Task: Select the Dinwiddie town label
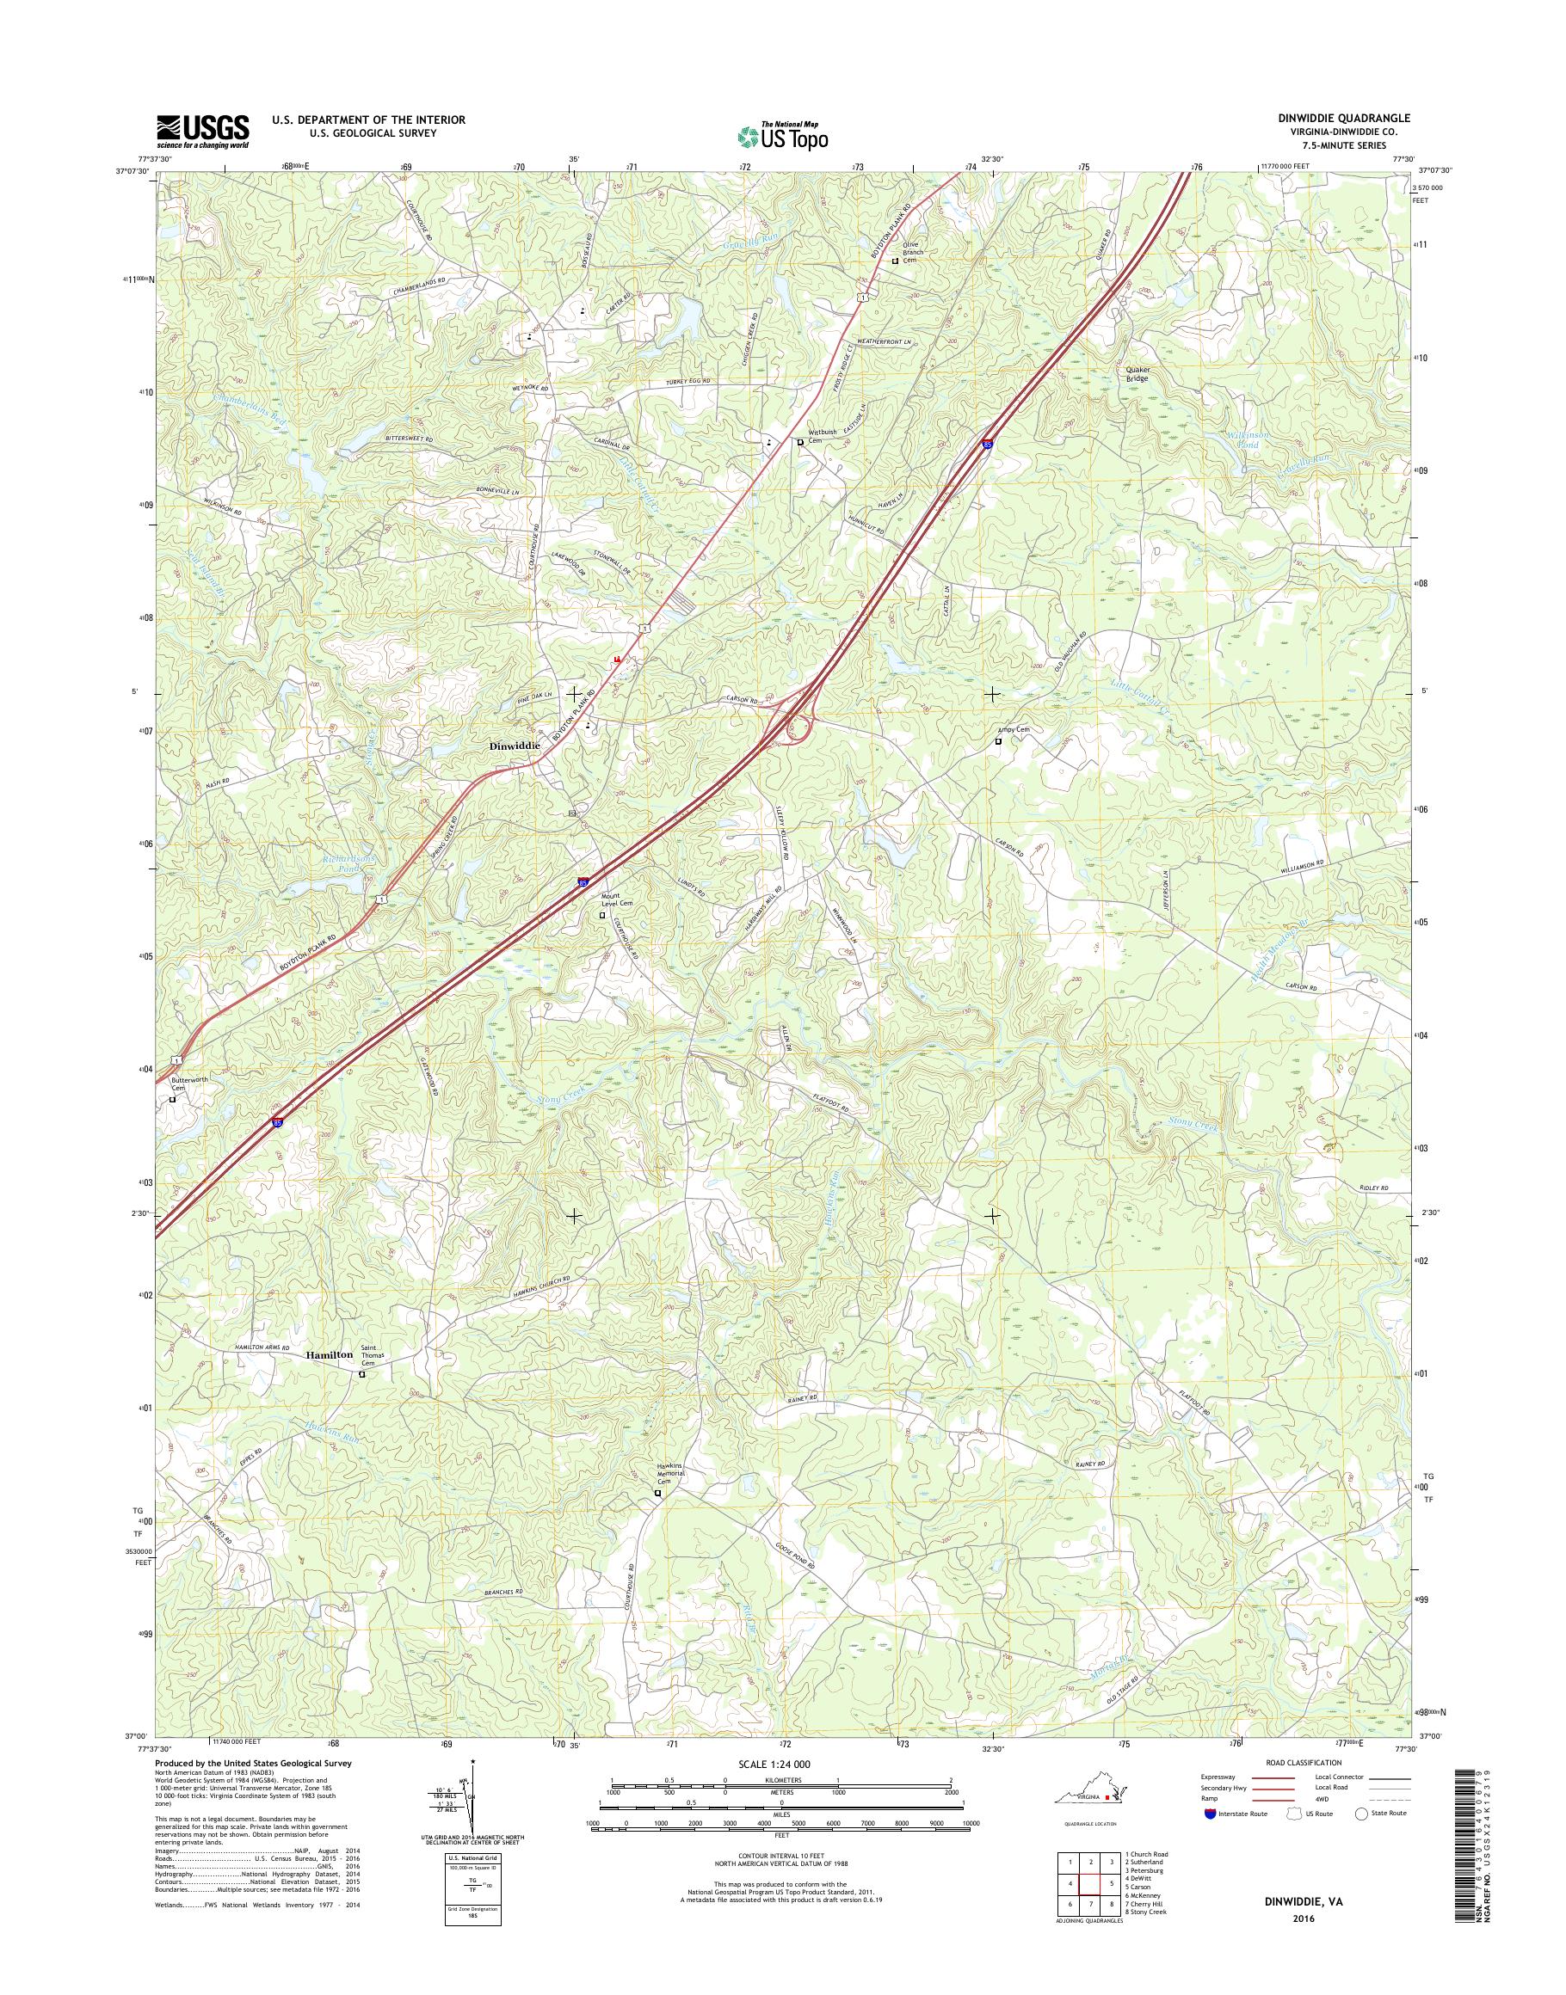click(x=515, y=747)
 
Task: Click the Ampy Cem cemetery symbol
click(x=998, y=741)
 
